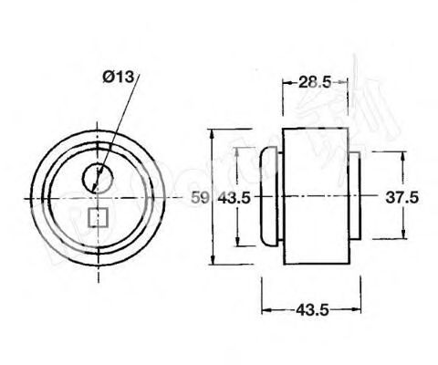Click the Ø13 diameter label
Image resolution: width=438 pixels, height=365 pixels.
(120, 78)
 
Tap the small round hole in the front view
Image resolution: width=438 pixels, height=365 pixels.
(97, 177)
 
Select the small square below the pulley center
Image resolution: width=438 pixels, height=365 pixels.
(98, 218)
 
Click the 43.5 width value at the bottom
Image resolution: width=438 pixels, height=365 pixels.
(312, 310)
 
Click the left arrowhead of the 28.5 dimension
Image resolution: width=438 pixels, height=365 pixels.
(286, 82)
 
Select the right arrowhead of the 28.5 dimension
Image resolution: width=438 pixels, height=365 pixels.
(345, 82)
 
